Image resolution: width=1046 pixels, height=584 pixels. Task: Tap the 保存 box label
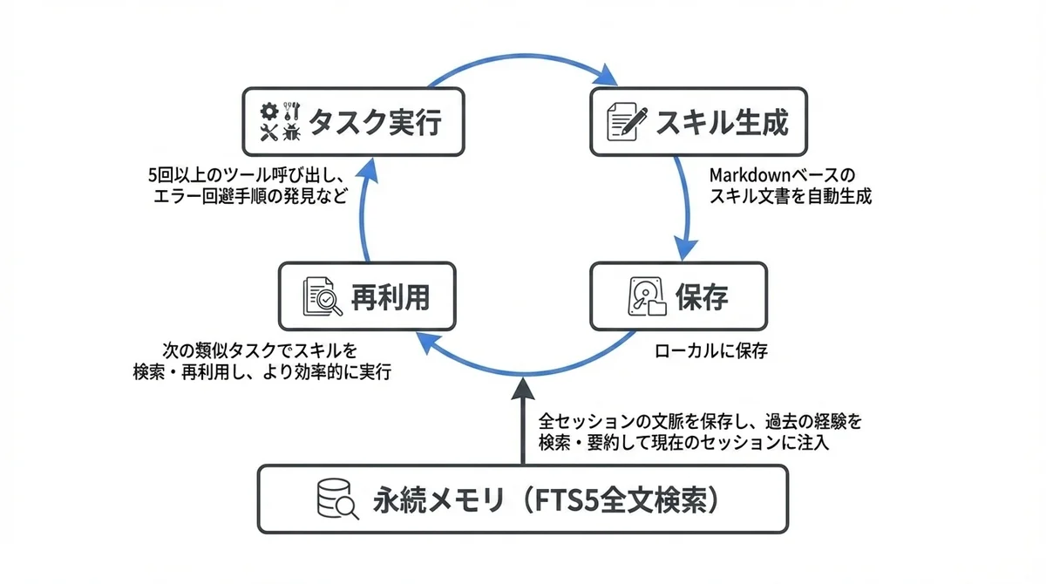click(702, 297)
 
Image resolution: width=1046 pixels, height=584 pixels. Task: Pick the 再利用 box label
click(390, 298)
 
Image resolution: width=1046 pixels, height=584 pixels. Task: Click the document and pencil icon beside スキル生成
click(628, 122)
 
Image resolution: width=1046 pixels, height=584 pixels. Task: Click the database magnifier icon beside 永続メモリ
click(336, 500)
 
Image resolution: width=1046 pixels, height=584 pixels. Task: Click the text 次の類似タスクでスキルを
click(261, 350)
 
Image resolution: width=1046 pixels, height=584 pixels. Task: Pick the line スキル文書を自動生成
click(790, 196)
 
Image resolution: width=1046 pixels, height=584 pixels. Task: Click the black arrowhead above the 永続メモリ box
click(523, 385)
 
